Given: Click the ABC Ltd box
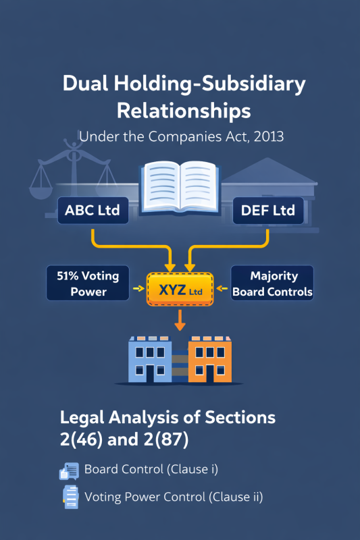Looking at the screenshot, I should click(x=92, y=211).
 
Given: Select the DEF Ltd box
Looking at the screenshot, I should click(x=267, y=211).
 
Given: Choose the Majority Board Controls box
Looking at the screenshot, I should click(x=272, y=283).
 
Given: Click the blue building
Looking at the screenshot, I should click(x=149, y=359).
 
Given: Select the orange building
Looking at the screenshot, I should click(x=211, y=359).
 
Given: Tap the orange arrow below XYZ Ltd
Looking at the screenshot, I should click(x=180, y=320).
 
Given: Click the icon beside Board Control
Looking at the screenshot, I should click(x=70, y=470).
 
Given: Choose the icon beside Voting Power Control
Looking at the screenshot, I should click(x=70, y=498).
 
